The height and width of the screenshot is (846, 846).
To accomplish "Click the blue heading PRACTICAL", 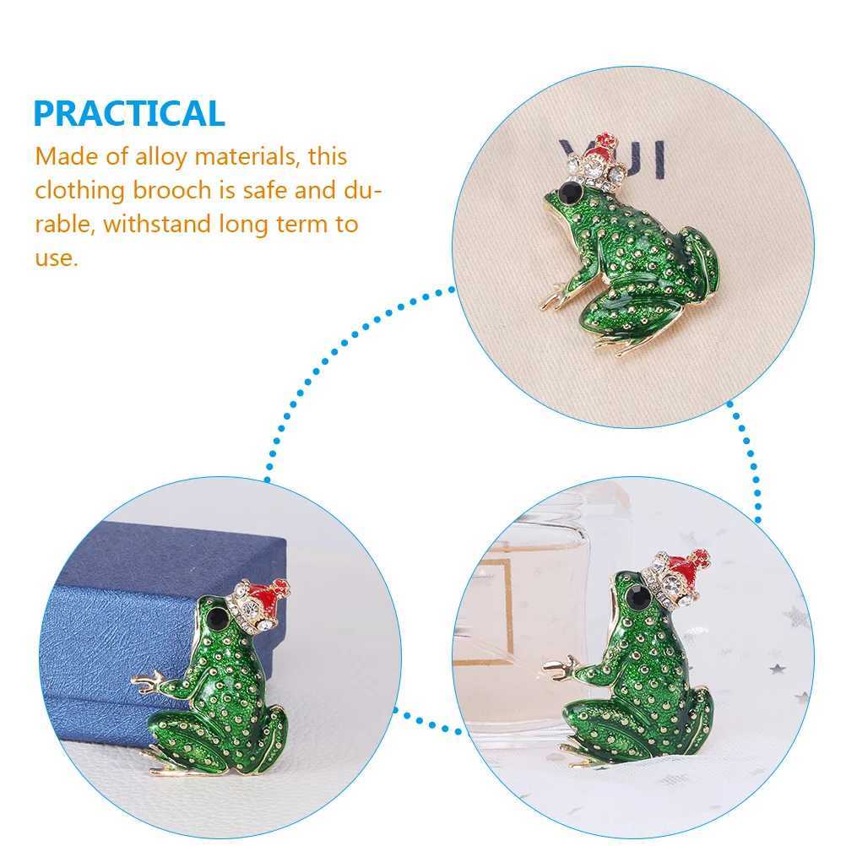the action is pyautogui.click(x=129, y=113).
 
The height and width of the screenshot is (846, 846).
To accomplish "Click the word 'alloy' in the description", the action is pyautogui.click(x=160, y=157).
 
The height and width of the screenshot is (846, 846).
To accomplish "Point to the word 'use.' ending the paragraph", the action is pyautogui.click(x=57, y=258).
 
